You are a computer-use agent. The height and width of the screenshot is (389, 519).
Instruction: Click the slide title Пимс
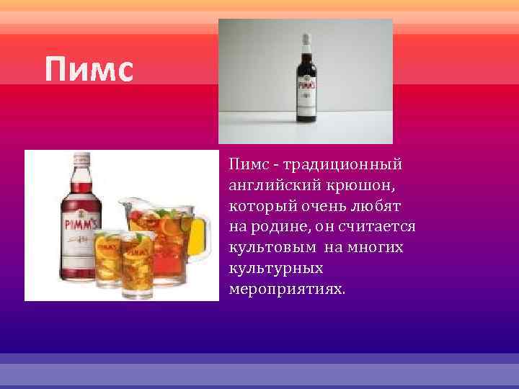click(89, 70)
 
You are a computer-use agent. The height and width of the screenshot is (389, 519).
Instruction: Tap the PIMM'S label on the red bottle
click(83, 223)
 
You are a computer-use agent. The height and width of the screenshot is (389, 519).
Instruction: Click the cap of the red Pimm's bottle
click(81, 159)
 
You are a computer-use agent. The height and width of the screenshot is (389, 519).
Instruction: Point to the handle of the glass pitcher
click(203, 234)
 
